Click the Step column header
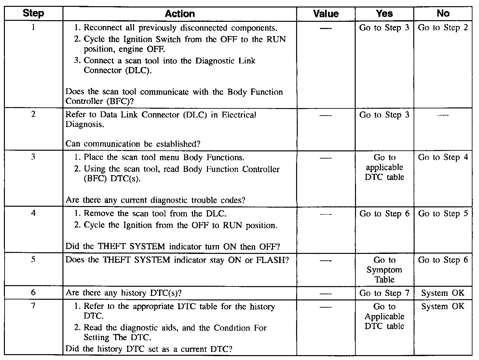pyautogui.click(x=34, y=14)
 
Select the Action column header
pyautogui.click(x=180, y=14)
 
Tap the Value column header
pyautogui.click(x=326, y=14)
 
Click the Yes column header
pyautogui.click(x=384, y=14)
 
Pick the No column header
pyautogui.click(x=443, y=14)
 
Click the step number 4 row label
pyautogui.click(x=34, y=213)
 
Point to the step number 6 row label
pyautogui.click(x=34, y=292)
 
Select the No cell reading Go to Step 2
pyautogui.click(x=443, y=28)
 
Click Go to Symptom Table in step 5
pyautogui.click(x=384, y=270)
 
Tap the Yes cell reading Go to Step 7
pyautogui.click(x=384, y=293)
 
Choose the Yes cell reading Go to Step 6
pyautogui.click(x=384, y=214)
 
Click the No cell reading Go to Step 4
pyautogui.click(x=443, y=158)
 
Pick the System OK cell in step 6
pyautogui.click(x=443, y=293)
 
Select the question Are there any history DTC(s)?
pyautogui.click(x=124, y=293)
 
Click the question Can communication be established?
pyautogui.click(x=133, y=144)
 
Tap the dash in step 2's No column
pyautogui.click(x=443, y=115)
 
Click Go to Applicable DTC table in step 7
pyautogui.click(x=384, y=316)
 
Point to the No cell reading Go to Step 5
pyautogui.click(x=443, y=214)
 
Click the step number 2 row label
pyautogui.click(x=34, y=114)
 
